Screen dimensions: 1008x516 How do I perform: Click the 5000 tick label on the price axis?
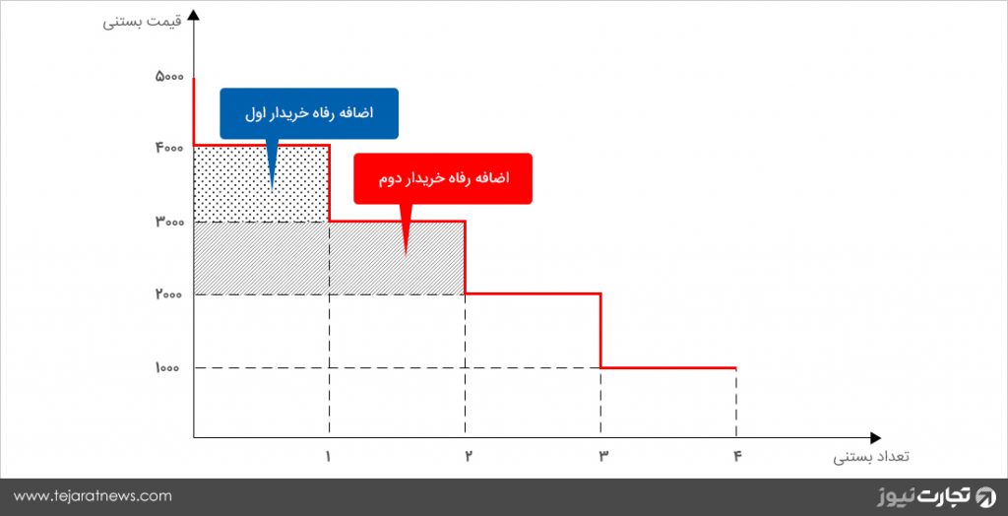coord(169,77)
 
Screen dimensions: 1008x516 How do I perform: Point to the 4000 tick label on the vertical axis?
coord(169,148)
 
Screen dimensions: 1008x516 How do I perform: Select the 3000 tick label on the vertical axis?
coord(169,222)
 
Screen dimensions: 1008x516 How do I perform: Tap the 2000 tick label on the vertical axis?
coord(169,294)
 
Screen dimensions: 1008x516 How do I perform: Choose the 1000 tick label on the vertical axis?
coord(169,368)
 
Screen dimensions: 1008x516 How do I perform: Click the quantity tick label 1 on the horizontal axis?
coord(329,456)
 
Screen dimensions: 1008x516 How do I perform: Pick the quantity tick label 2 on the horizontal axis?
coord(468,456)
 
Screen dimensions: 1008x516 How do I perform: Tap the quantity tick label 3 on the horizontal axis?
coord(603,456)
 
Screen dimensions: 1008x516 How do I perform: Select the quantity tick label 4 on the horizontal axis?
coord(736,456)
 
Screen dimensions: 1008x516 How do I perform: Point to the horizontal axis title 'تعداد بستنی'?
coord(872,458)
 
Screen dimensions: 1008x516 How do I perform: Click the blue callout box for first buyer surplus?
coord(309,113)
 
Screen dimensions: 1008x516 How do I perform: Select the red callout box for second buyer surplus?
coord(443,178)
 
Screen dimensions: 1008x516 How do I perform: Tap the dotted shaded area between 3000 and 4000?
coord(262,184)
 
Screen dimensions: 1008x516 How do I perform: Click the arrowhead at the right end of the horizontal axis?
coord(875,437)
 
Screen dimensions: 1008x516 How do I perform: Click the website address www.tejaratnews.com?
coord(94,496)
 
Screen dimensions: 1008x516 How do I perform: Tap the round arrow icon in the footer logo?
coord(984,496)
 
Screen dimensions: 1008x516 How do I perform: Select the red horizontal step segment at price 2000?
coord(533,294)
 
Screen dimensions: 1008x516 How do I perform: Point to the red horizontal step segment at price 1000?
coord(668,368)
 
